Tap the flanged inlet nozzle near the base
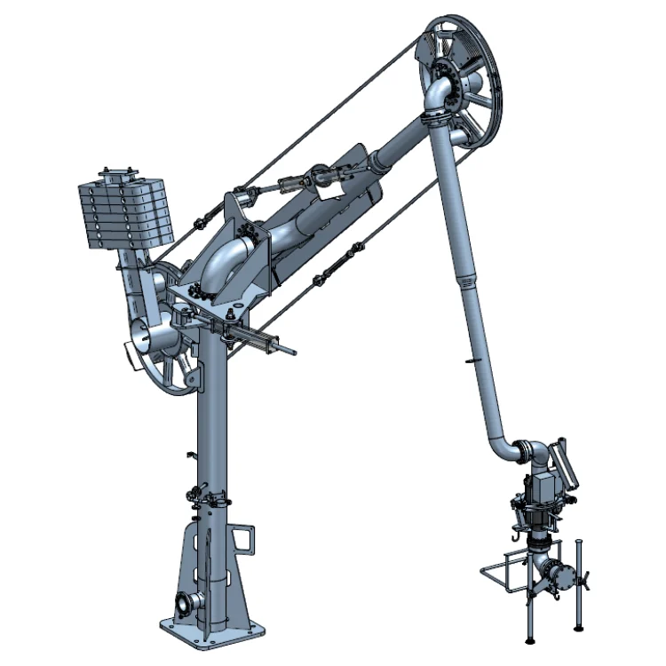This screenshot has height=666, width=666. [184, 604]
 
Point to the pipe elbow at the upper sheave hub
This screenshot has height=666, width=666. [438, 91]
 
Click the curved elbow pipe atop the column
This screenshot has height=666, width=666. [223, 262]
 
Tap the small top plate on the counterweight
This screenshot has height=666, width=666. [117, 172]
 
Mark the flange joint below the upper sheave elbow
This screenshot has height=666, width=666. [435, 117]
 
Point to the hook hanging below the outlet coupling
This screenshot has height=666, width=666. [516, 536]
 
